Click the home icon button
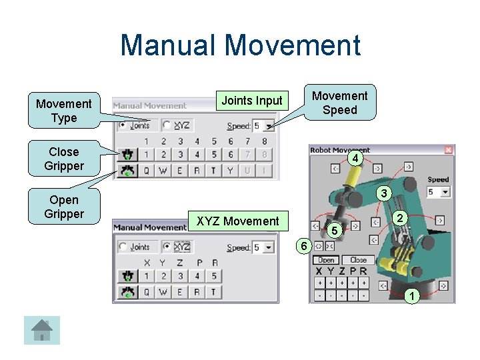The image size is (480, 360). [42, 330]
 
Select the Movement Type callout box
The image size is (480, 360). [64, 111]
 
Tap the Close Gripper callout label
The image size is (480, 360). [64, 159]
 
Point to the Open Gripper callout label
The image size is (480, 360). [64, 207]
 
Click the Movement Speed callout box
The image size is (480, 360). [339, 103]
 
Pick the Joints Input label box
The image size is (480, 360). [252, 101]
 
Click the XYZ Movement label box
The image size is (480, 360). [238, 221]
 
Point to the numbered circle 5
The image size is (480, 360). [336, 231]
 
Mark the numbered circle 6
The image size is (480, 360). [303, 246]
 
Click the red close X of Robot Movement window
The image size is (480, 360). [449, 150]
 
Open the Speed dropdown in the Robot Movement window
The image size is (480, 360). [445, 192]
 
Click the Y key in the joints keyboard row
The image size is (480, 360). [231, 170]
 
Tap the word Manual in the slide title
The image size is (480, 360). [169, 45]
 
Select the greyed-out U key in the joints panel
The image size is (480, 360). [248, 170]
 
